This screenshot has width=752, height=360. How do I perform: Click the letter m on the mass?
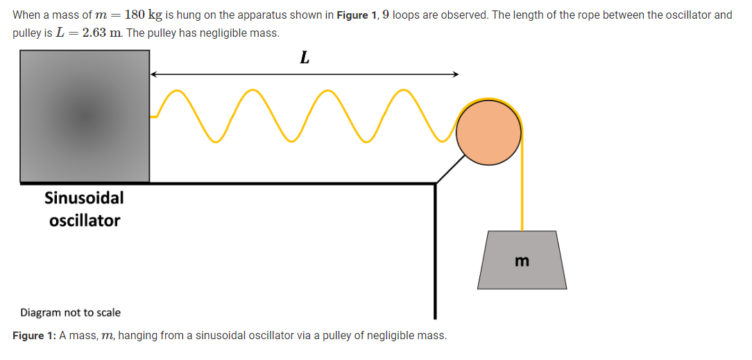[x=522, y=262]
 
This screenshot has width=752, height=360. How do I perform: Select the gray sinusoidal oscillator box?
[x=85, y=116]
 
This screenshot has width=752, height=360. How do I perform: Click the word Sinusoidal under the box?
[x=84, y=198]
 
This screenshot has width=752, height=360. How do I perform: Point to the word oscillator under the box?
[x=85, y=221]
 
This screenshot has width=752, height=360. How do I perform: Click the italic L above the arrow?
[x=304, y=59]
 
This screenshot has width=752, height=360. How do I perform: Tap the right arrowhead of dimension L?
[x=454, y=74]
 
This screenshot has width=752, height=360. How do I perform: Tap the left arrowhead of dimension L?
[x=154, y=74]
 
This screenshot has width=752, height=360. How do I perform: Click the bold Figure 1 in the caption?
[x=33, y=336]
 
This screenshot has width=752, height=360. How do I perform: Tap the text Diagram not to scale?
[x=70, y=313]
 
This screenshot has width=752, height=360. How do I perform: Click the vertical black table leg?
[x=435, y=250]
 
